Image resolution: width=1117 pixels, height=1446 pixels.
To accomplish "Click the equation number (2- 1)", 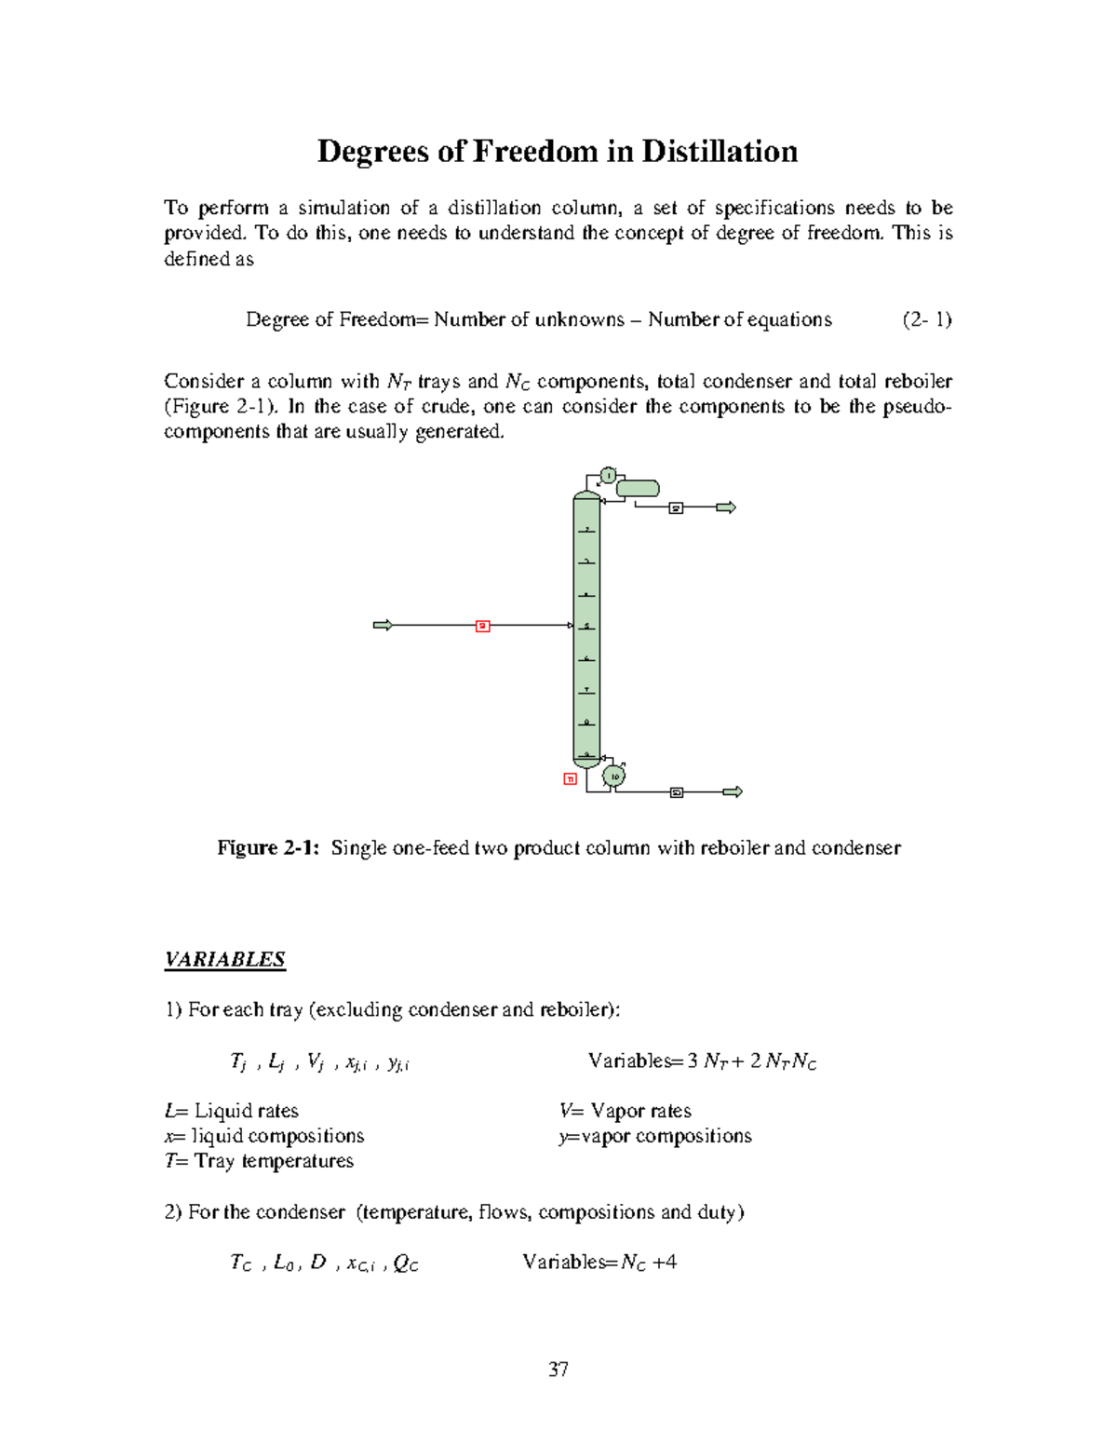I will click(926, 319).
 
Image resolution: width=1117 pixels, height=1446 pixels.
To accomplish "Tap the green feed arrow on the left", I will click(383, 625).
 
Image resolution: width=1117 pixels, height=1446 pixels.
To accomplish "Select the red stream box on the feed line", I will click(482, 626).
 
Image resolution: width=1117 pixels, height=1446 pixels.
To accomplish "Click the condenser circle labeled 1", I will click(608, 476).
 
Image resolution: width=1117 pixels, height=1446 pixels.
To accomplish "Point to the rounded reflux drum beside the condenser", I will click(638, 488).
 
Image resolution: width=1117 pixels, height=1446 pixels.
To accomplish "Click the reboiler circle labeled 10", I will click(614, 776).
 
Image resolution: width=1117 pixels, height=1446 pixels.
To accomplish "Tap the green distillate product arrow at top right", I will click(726, 507).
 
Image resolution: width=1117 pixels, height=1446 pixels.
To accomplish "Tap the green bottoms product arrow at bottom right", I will click(733, 792).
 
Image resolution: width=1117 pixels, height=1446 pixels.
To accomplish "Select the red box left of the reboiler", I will click(571, 778).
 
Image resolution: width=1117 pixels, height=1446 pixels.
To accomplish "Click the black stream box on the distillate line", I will click(677, 507).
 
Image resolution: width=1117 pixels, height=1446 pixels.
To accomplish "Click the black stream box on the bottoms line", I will click(677, 792).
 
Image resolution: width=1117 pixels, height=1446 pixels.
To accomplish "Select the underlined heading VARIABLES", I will click(224, 959).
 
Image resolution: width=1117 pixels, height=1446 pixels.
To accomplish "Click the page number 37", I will click(558, 1369).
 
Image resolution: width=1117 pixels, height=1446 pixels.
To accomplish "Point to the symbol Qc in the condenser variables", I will click(406, 1264).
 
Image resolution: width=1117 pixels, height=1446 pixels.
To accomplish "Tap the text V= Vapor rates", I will click(626, 1111).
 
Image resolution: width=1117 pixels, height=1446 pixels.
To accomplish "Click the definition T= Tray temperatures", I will click(259, 1161).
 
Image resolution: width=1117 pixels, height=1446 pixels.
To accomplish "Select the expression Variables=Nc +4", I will click(599, 1263).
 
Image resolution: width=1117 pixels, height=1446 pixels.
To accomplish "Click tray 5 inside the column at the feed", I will click(586, 626).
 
